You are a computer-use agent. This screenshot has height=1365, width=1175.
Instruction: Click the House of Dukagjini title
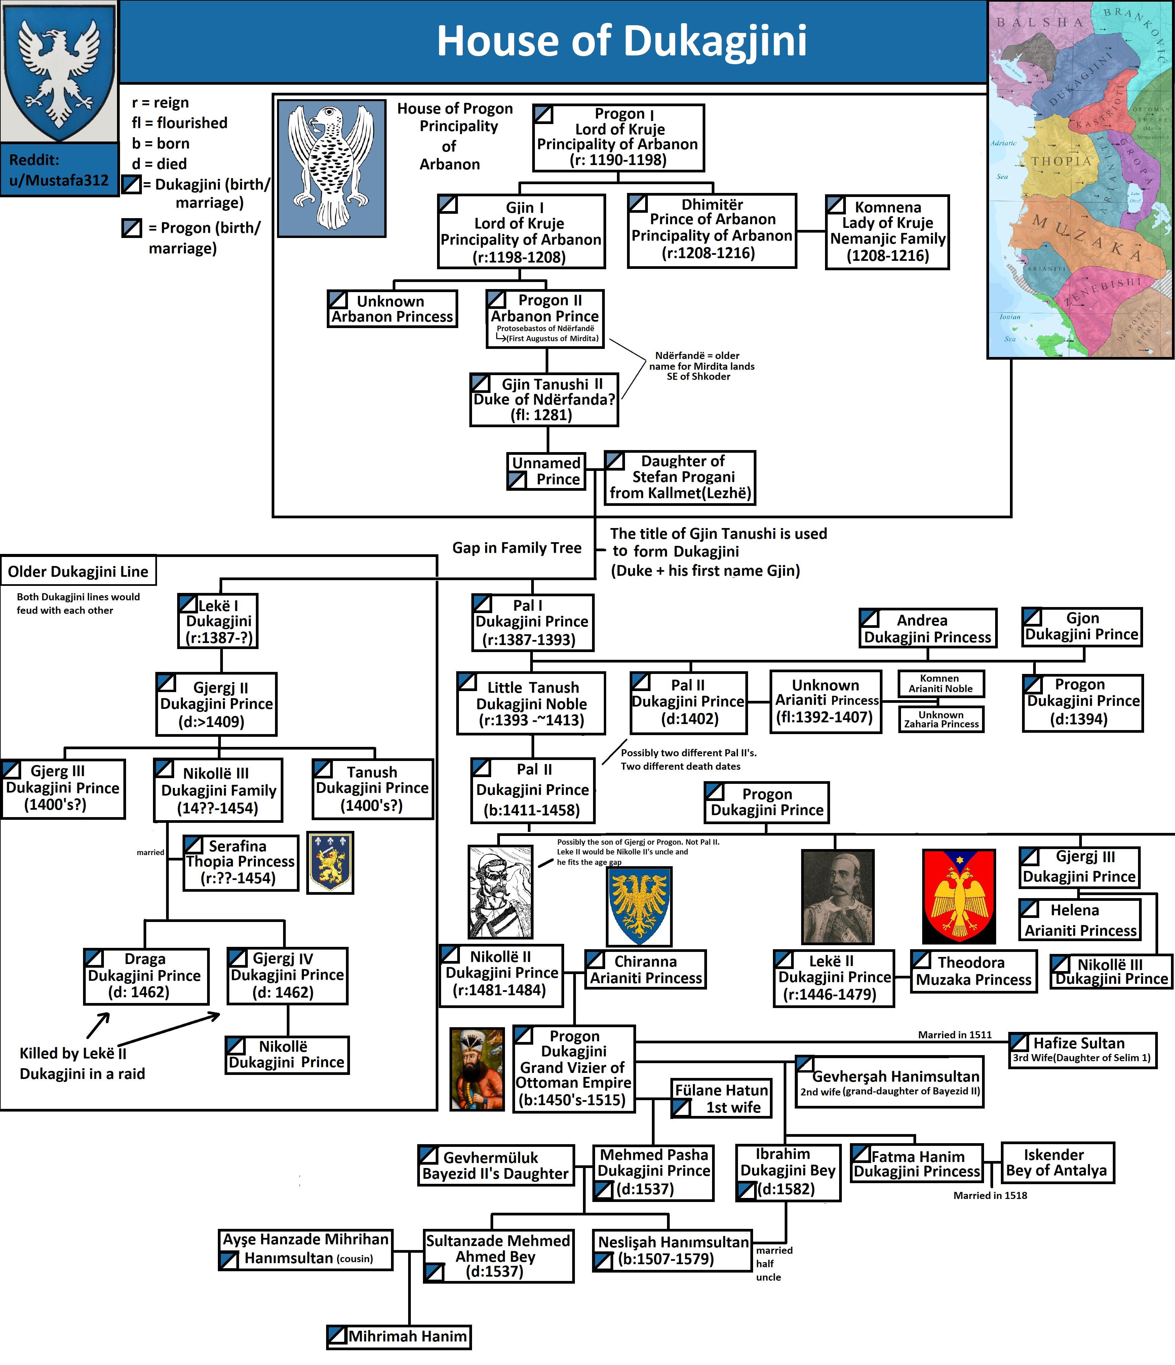click(x=621, y=41)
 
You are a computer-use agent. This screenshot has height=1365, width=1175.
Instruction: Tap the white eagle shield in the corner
click(x=59, y=71)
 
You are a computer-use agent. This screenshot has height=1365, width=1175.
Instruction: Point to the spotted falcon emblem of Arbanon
click(x=331, y=168)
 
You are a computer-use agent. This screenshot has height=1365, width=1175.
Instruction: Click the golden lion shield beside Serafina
click(x=330, y=862)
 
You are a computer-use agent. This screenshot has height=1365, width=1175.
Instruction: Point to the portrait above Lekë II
click(x=837, y=896)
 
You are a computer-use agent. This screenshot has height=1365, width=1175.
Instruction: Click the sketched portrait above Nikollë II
click(x=500, y=892)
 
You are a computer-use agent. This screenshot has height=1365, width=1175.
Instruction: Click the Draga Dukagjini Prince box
click(x=146, y=976)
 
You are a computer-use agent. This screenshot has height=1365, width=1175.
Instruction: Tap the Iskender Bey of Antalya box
click(x=1057, y=1163)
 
